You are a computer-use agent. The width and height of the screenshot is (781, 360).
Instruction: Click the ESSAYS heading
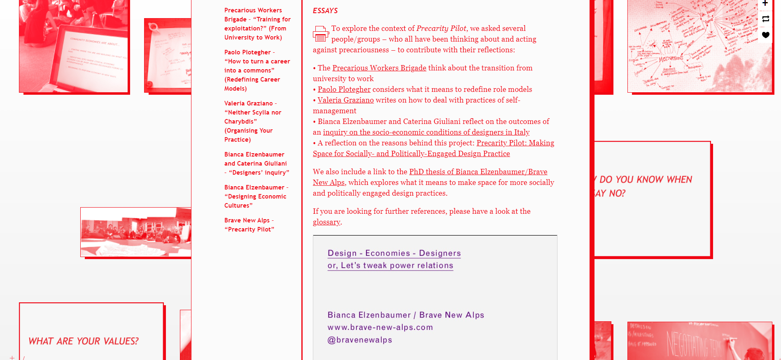[325, 11]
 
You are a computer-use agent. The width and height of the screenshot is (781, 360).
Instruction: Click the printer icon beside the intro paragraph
[321, 34]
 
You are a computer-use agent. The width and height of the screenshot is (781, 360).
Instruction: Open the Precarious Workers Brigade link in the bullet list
[379, 68]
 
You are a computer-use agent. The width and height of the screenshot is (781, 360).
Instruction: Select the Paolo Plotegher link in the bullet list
[344, 89]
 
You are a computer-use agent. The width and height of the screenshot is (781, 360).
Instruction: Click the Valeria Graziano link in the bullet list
[345, 100]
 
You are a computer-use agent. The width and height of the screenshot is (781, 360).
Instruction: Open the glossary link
[326, 222]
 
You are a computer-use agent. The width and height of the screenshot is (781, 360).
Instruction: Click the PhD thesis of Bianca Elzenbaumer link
[478, 172]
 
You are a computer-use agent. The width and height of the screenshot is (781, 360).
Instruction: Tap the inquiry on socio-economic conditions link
[426, 132]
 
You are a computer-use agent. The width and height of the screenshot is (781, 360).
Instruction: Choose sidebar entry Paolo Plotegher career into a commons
[257, 70]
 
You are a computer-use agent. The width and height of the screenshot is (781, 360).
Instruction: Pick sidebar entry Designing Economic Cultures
[255, 196]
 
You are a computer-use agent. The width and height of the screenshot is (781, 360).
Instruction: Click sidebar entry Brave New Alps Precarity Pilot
[249, 225]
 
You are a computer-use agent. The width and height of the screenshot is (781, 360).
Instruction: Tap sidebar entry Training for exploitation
[257, 24]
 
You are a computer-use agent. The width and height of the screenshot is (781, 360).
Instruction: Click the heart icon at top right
[765, 35]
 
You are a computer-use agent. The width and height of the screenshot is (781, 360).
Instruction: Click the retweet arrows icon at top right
[765, 19]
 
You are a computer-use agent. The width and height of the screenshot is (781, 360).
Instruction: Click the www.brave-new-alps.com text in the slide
[380, 327]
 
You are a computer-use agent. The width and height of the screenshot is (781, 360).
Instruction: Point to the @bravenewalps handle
[359, 340]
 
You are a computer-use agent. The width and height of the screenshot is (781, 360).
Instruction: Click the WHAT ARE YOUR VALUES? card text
[83, 341]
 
